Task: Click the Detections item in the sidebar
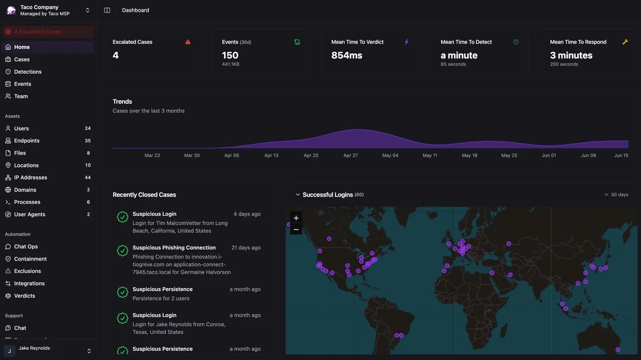[x=28, y=72]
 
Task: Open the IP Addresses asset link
[x=30, y=177]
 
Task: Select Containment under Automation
[x=30, y=259]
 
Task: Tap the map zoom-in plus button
[x=296, y=218]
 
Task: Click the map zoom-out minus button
[x=296, y=229]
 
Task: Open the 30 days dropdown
[x=616, y=195]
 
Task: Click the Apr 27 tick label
[x=350, y=155]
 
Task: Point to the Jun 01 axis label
[x=548, y=155]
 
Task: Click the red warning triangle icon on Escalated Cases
[x=188, y=42]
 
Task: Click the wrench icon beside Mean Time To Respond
[x=625, y=42]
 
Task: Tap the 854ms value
[x=346, y=55]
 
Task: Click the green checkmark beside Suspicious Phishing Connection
[x=122, y=251]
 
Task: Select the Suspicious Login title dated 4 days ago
[x=154, y=214]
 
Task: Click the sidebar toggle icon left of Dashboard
[x=107, y=10]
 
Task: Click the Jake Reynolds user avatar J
[x=10, y=351]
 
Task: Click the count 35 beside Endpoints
[x=88, y=141]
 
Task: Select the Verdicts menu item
[x=24, y=296]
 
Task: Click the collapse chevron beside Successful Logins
[x=298, y=195]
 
